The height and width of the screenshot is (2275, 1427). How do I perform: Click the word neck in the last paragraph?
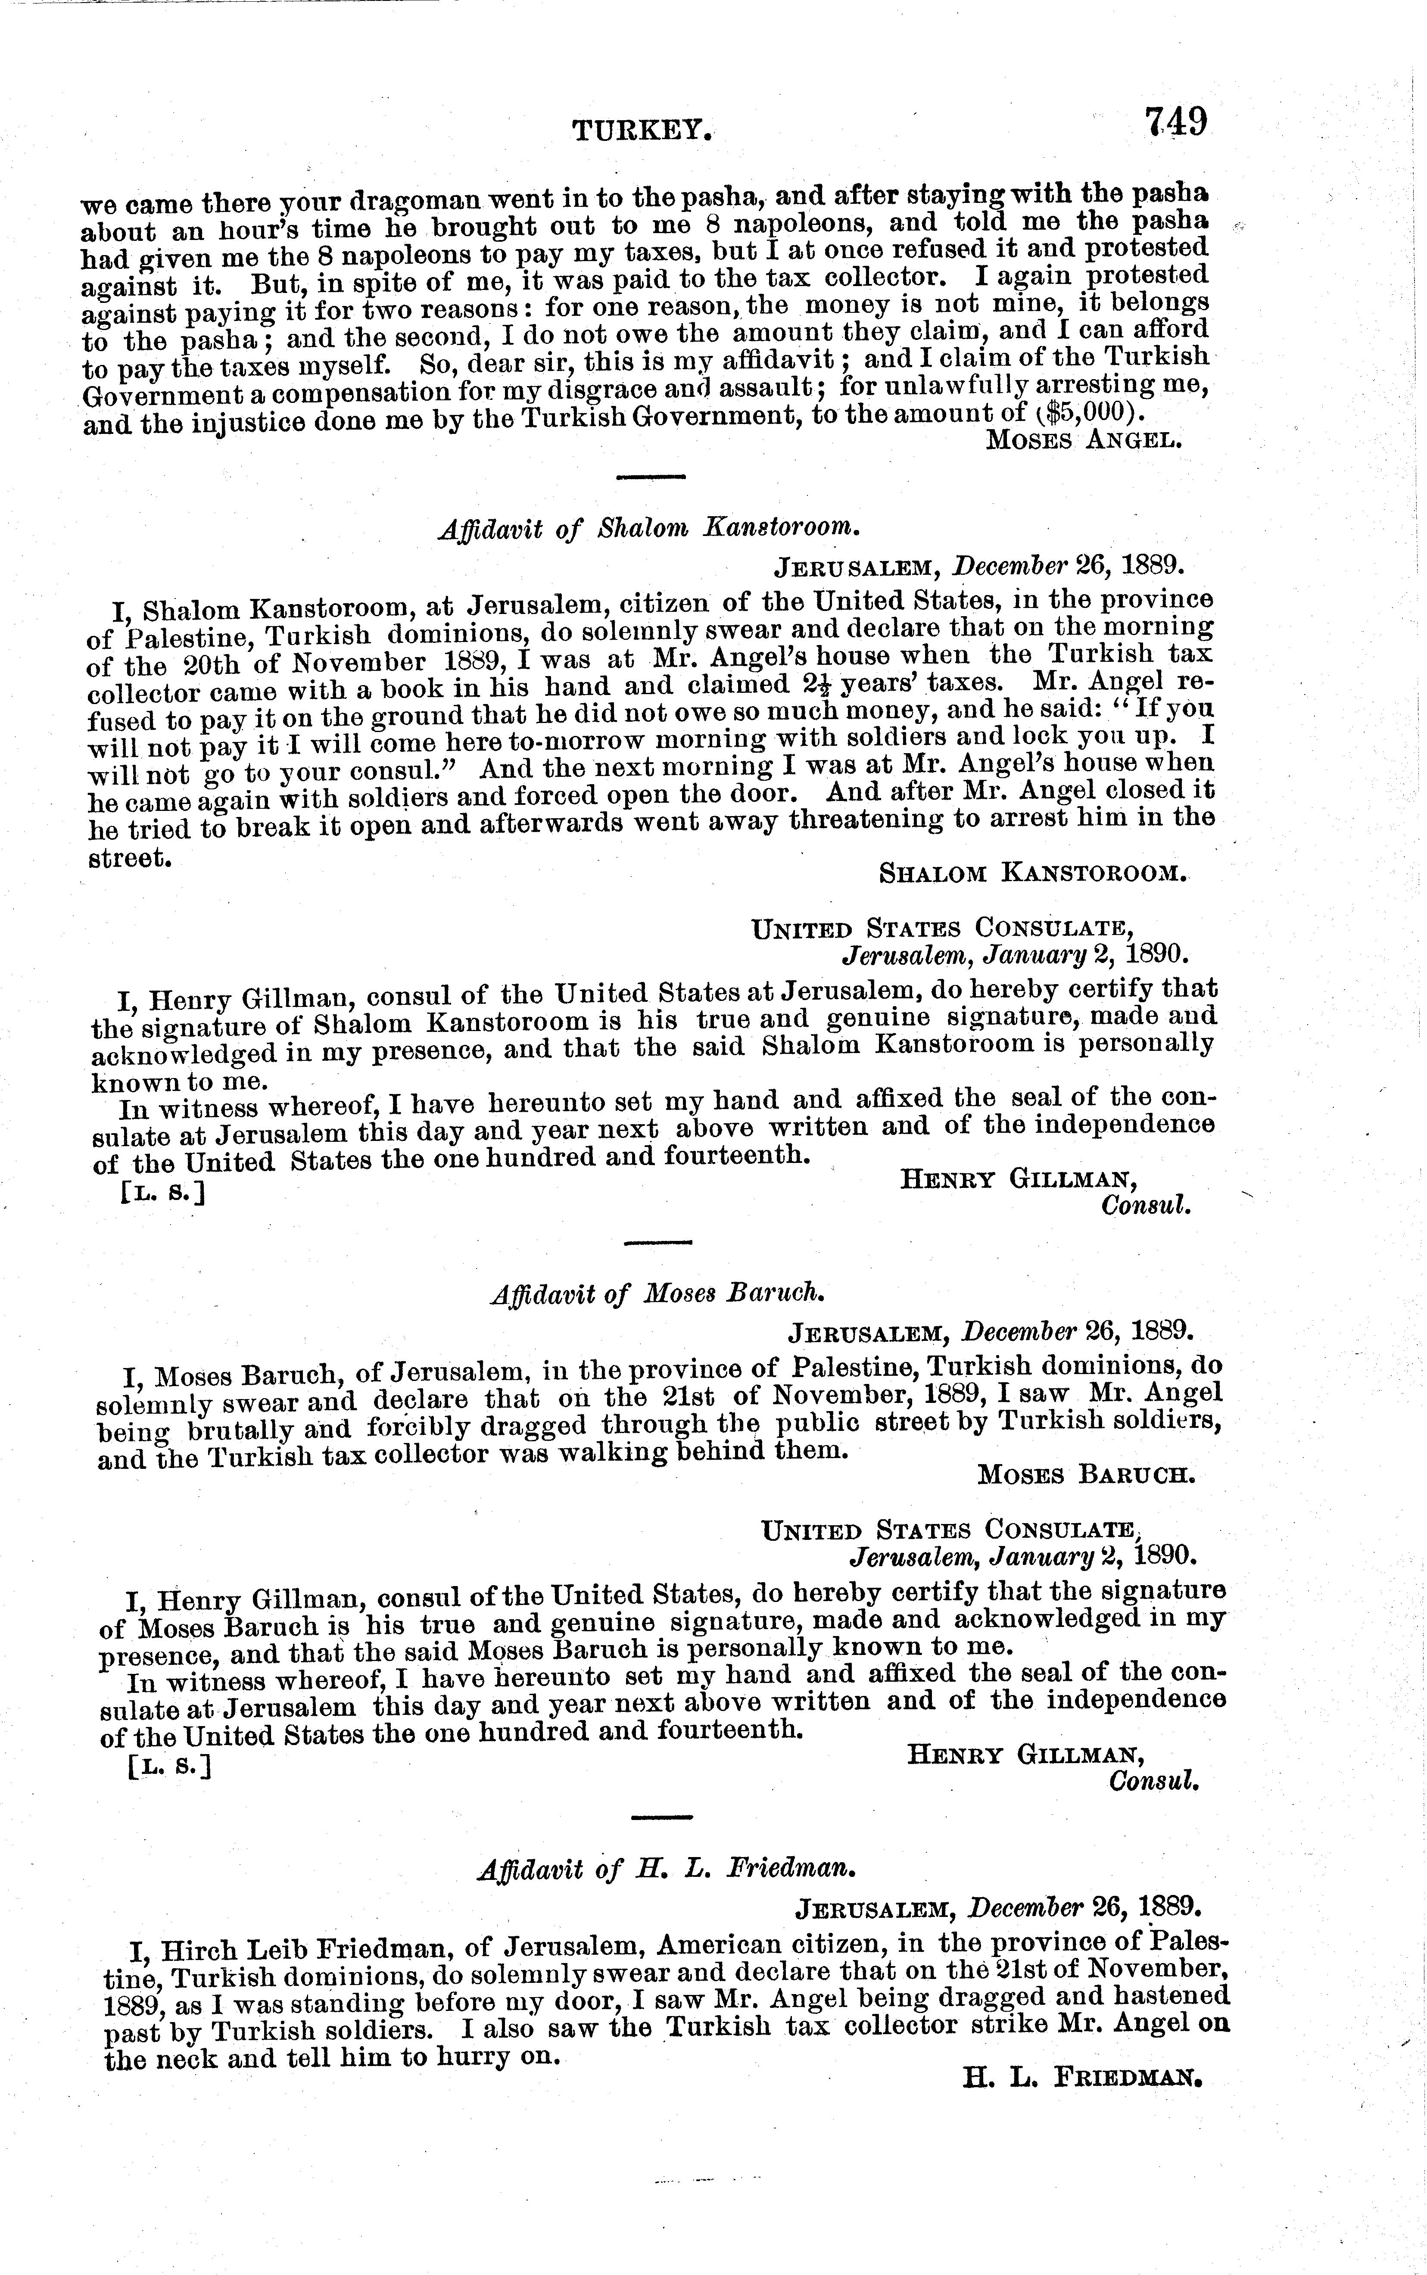coord(194,2061)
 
